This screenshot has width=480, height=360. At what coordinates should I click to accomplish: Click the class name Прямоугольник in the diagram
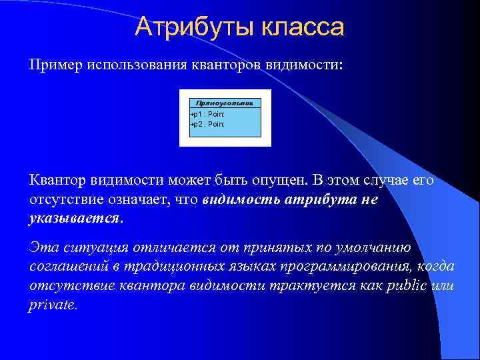point(225,103)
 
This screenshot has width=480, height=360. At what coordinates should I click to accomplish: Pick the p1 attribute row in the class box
point(208,115)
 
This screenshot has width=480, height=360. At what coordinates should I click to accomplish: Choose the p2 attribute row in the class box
point(208,124)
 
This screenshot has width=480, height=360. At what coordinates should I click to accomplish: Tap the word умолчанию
point(371,248)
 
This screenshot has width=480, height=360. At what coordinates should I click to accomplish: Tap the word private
point(53,305)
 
